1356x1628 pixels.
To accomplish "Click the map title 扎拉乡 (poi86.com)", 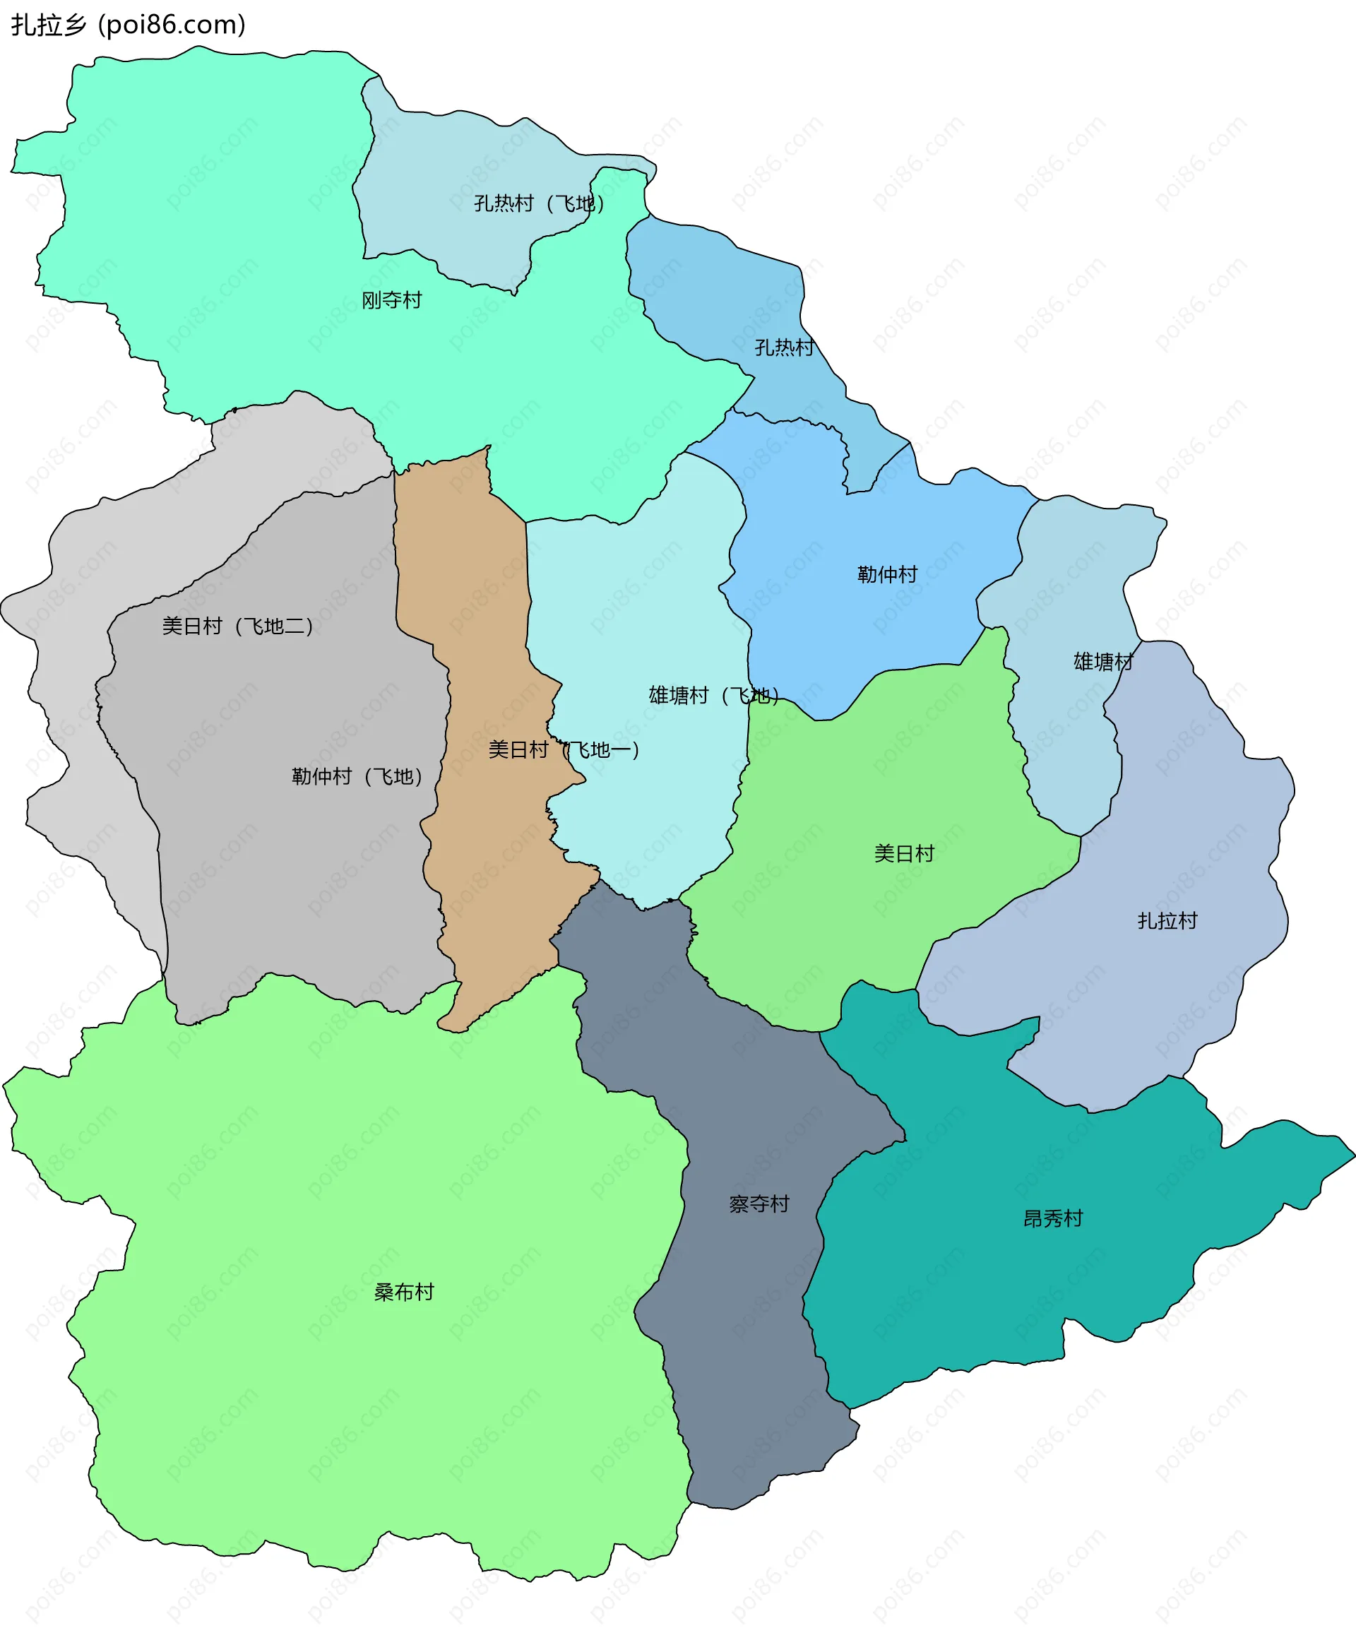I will [x=128, y=25].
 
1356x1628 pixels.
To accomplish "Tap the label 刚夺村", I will [x=391, y=300].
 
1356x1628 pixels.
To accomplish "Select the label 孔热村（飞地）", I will [x=539, y=203].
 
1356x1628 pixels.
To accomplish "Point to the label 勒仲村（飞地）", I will [x=357, y=776].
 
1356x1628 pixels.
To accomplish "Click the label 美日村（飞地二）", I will [x=237, y=626].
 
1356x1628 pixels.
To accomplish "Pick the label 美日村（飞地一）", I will [x=564, y=749].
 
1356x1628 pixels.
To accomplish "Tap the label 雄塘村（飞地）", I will [x=713, y=696].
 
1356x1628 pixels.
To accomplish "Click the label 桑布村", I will [x=404, y=1292].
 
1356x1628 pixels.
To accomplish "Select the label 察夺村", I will [x=759, y=1204].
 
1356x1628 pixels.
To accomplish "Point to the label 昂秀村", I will [x=1053, y=1218].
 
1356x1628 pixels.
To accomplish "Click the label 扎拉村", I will [x=1167, y=920].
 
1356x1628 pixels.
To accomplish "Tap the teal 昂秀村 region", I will [x=969, y=1302].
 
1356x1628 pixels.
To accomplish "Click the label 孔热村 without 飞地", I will [x=785, y=347].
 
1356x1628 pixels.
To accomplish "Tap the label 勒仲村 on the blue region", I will [x=887, y=574].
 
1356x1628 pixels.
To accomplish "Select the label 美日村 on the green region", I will [x=904, y=853].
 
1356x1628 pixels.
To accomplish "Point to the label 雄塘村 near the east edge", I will [x=1103, y=661].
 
